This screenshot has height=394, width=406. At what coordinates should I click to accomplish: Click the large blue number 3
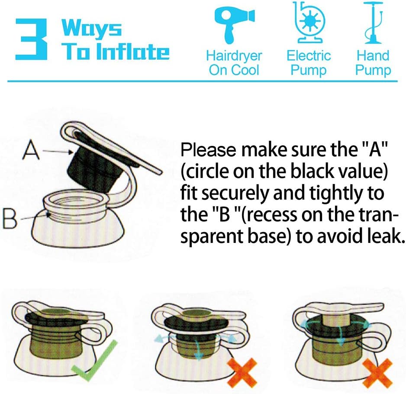[x=31, y=39]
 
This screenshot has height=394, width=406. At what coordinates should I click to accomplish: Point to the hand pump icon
[x=373, y=23]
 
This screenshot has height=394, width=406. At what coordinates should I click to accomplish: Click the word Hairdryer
[x=234, y=56]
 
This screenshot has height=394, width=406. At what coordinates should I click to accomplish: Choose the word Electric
[x=309, y=55]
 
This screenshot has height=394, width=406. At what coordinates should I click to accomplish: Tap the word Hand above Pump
[x=373, y=55]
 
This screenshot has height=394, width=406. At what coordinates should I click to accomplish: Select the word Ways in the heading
[x=91, y=28]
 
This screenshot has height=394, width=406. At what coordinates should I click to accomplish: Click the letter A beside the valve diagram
[x=31, y=149]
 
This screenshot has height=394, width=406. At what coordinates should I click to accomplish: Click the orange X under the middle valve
[x=242, y=372]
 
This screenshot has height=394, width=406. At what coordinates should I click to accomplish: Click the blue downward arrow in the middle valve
[x=198, y=349]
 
